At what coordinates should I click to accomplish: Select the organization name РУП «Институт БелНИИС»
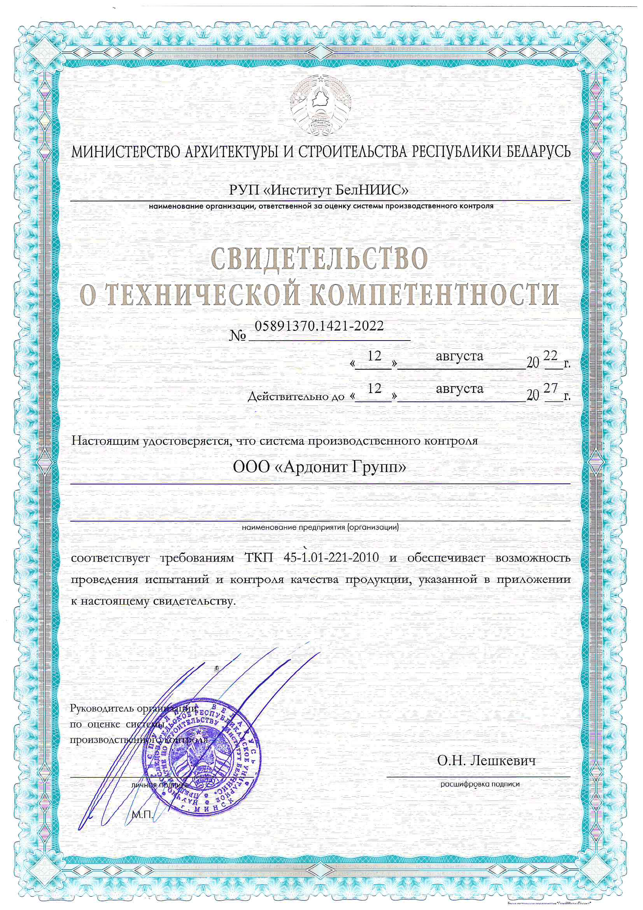319,191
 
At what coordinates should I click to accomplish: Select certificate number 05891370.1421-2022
319,326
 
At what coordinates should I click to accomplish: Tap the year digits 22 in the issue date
551,355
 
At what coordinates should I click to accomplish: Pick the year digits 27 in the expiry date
551,388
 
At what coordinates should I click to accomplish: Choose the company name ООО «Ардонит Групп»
319,468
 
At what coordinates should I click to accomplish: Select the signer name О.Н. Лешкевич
487,761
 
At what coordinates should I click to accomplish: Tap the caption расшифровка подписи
480,784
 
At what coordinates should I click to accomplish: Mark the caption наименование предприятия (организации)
320,527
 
